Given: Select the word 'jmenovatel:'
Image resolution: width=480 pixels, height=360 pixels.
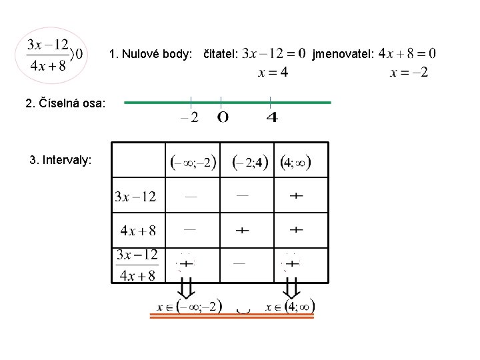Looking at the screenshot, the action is click(342, 53).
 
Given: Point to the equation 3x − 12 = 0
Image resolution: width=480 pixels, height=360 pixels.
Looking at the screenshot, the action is click(274, 53).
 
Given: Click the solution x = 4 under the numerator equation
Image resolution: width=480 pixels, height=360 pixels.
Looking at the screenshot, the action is click(274, 72).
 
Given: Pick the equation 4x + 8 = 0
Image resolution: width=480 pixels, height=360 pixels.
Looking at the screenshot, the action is click(407, 53).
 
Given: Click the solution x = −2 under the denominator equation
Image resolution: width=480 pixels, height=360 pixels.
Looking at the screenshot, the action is click(409, 72).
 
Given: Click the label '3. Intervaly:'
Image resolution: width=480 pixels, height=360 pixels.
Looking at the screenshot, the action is click(61, 160).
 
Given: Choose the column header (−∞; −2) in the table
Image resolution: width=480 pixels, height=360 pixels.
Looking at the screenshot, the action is click(193, 161).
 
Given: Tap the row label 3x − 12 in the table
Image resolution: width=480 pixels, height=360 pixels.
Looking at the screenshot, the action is click(135, 196).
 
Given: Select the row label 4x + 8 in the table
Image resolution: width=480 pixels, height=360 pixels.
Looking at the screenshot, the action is click(138, 231).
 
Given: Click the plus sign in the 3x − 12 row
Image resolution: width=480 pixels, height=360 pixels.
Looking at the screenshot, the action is click(297, 196).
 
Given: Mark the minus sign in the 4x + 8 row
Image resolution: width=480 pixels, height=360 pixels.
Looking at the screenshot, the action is click(190, 229).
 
